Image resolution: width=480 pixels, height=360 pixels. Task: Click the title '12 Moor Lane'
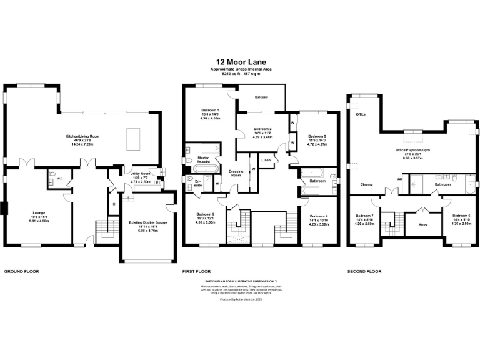pos(239,61)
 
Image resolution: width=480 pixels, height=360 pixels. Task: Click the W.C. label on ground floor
pos(59,178)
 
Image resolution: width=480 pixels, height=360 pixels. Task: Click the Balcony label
pos(261,97)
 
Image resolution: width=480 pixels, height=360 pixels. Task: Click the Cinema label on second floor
pos(368,185)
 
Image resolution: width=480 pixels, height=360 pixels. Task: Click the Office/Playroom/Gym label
pos(414,150)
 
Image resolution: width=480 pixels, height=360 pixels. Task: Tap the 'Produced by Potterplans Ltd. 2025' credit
pos(239,299)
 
